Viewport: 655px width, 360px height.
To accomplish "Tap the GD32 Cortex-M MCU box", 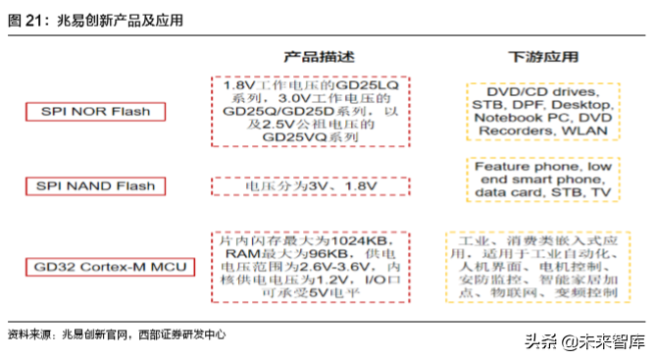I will pyautogui.click(x=110, y=267).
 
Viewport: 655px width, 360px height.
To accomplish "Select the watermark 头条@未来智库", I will pyautogui.click(x=584, y=341).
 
